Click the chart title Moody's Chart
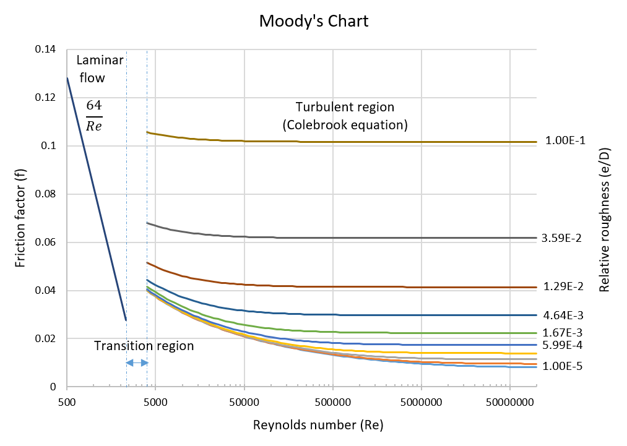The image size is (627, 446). tap(314, 21)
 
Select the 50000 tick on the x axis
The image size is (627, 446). tap(244, 403)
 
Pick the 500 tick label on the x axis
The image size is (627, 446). tap(67, 403)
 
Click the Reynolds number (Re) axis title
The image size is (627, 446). tap(318, 426)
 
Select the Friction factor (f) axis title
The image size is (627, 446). tap(21, 218)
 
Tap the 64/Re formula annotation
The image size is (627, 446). tap(93, 116)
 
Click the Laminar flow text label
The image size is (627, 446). tap(100, 69)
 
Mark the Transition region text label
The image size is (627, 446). tap(144, 346)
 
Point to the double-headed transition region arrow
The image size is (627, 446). tap(137, 363)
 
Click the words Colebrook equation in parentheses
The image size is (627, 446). tap(345, 124)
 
